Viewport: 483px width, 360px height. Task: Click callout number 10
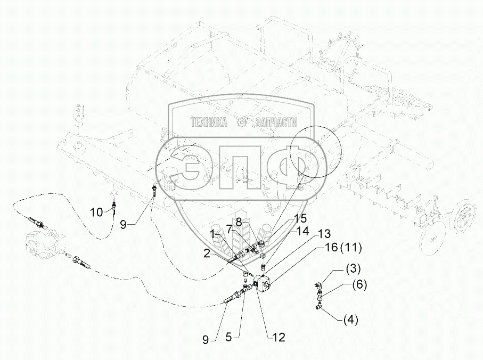[x=96, y=212]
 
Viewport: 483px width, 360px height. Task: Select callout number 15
[x=300, y=218]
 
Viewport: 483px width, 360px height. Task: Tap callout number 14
[x=303, y=231]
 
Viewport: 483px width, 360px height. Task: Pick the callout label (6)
[x=359, y=285]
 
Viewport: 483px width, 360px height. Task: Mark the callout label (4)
[x=351, y=320]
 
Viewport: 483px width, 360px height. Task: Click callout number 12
[x=279, y=337]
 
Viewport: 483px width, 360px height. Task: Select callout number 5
[x=228, y=337]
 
